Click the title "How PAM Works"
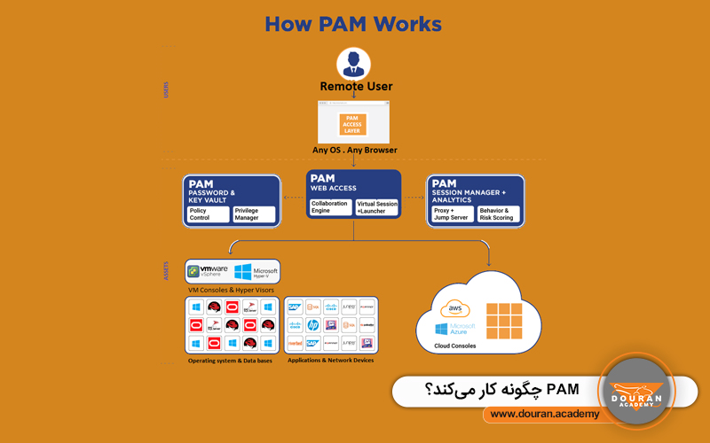(354, 24)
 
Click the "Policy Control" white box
(207, 214)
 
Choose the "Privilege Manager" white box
(253, 214)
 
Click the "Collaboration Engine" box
(329, 207)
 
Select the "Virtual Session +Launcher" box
(377, 207)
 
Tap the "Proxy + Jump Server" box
(451, 214)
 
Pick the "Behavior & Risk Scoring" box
(498, 214)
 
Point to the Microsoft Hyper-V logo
(256, 271)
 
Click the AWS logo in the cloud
(457, 309)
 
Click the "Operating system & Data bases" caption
(230, 361)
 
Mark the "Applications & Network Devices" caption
(331, 361)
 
